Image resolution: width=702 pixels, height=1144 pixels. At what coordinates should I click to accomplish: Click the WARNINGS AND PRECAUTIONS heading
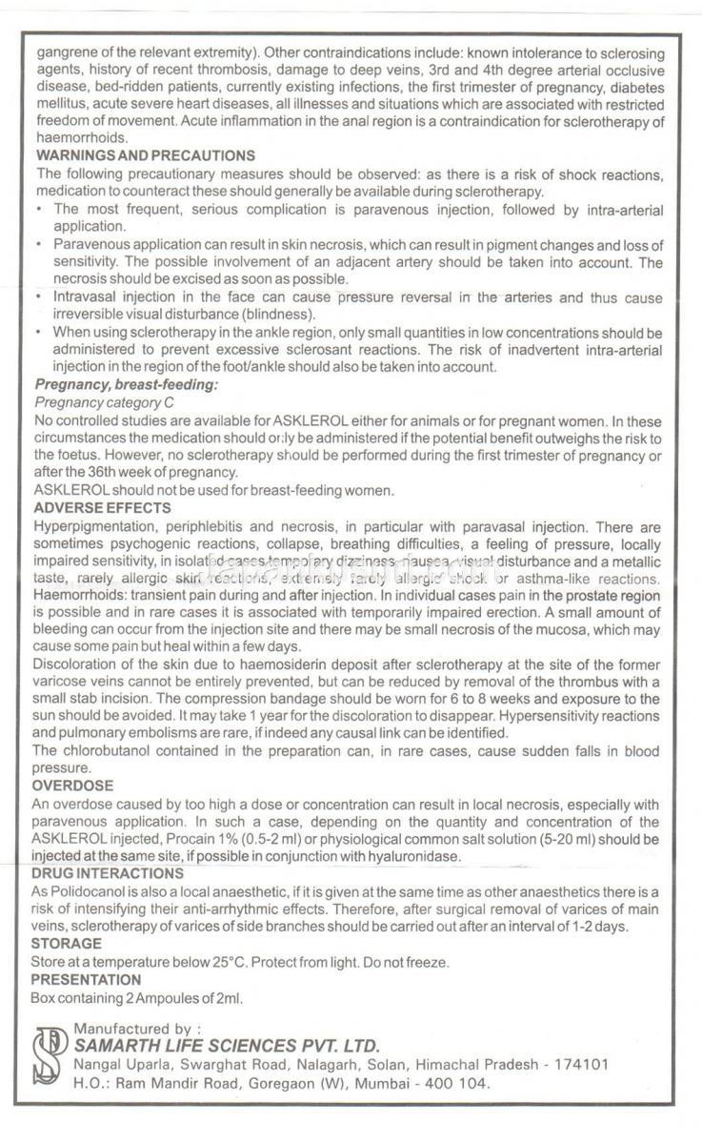[145, 154]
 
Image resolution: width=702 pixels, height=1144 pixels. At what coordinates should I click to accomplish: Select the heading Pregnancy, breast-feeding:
[126, 384]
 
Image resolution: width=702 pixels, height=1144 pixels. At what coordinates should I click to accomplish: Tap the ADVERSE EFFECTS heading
[102, 507]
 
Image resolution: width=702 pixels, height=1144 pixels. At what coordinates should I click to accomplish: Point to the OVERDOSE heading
[72, 786]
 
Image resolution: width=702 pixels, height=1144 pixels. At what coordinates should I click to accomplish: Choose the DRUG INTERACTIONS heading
[107, 872]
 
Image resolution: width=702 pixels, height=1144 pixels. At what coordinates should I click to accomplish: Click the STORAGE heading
[67, 943]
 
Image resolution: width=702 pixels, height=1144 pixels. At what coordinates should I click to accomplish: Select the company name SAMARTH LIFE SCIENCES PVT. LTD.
[227, 1045]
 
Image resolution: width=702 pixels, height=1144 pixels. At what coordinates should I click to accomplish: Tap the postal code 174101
[581, 1065]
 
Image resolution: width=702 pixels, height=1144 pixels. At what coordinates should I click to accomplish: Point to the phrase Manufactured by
[137, 1029]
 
